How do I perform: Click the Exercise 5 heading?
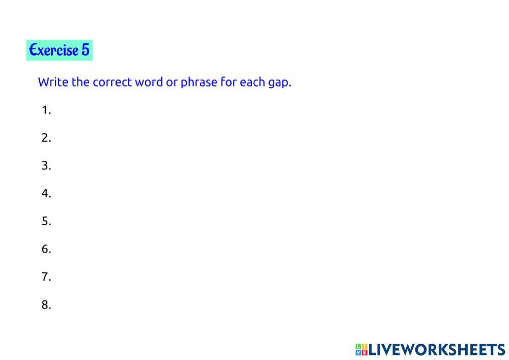pyautogui.click(x=59, y=50)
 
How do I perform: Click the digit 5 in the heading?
pyautogui.click(x=85, y=50)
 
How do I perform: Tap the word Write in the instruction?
pyautogui.click(x=53, y=82)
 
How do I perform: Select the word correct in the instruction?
pyautogui.click(x=112, y=82)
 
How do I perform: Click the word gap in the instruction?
pyautogui.click(x=279, y=83)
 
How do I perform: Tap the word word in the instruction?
pyautogui.click(x=148, y=82)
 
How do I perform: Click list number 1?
pyautogui.click(x=46, y=110)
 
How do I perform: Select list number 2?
pyautogui.click(x=46, y=138)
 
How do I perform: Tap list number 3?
pyautogui.click(x=46, y=166)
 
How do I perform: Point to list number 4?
pyautogui.click(x=46, y=193)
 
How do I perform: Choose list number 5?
pyautogui.click(x=46, y=221)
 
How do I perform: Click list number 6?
pyautogui.click(x=46, y=250)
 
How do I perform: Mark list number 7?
pyautogui.click(x=46, y=278)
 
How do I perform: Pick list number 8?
pyautogui.click(x=46, y=306)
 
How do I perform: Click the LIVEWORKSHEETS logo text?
pyautogui.click(x=436, y=349)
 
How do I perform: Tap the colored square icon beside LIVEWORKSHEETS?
pyautogui.click(x=361, y=349)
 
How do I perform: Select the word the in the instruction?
pyautogui.click(x=80, y=82)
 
